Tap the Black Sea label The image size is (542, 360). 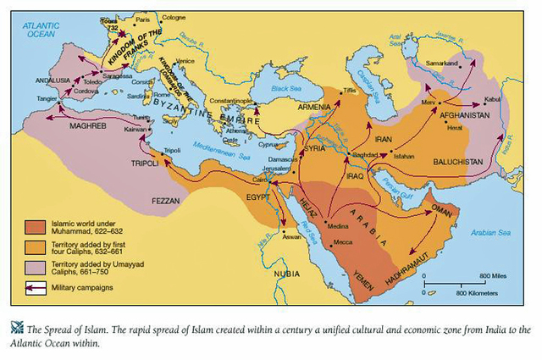click(283, 87)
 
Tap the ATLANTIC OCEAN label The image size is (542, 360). click(39, 31)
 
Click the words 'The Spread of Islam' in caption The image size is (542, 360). click(64, 330)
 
